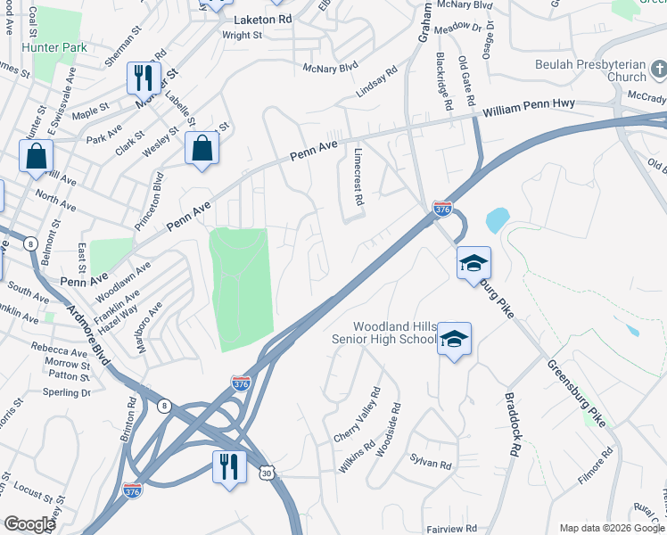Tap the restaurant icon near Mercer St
tap(143, 78)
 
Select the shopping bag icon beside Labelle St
tap(202, 148)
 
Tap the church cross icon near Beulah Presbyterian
tap(655, 69)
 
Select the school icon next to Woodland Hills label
tap(454, 339)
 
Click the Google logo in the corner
tap(29, 524)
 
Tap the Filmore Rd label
tap(595, 465)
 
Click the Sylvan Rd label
tap(432, 465)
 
